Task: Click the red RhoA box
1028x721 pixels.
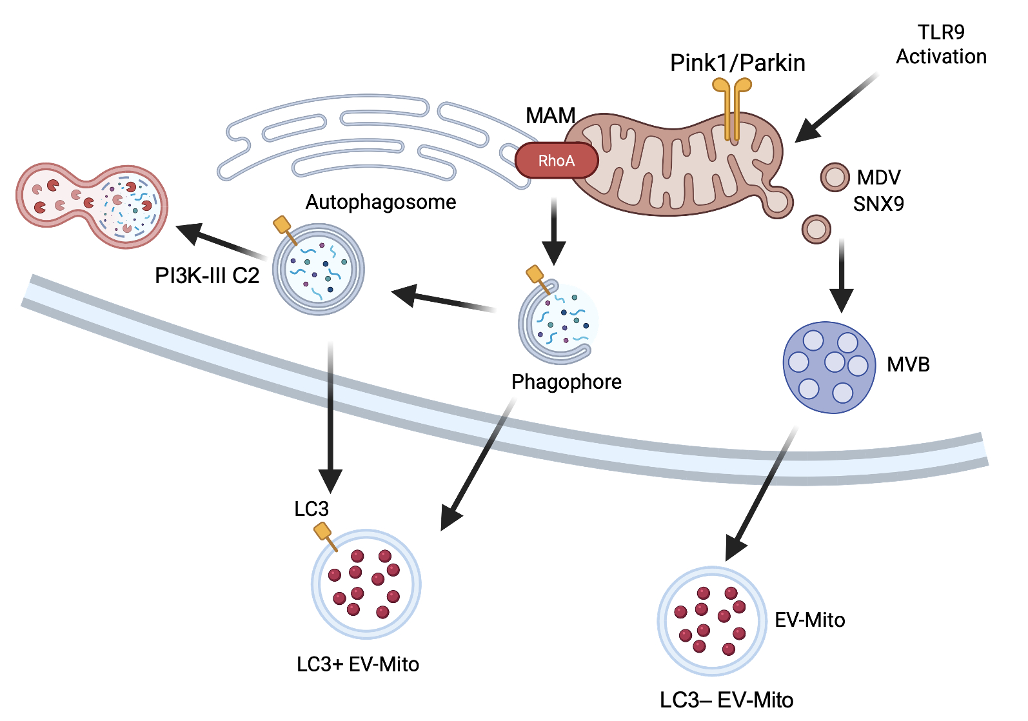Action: tap(556, 160)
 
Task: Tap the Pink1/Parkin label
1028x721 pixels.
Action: tap(738, 63)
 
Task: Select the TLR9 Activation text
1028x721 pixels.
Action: tap(942, 44)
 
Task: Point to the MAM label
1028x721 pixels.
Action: tap(550, 115)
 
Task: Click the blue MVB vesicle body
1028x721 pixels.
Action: tap(829, 367)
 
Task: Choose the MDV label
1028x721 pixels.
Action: tap(879, 177)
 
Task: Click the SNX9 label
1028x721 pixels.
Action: tap(878, 204)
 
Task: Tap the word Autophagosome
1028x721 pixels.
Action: tap(381, 202)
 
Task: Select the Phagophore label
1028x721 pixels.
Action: tap(566, 382)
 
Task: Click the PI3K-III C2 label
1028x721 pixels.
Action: tap(207, 275)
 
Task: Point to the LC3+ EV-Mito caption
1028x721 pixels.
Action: tap(358, 664)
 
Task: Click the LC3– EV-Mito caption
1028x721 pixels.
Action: tap(726, 700)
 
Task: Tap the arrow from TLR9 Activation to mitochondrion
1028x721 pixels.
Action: tap(836, 108)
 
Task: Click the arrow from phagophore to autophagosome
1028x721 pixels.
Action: tap(443, 299)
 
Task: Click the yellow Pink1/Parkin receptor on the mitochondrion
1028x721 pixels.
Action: tap(731, 108)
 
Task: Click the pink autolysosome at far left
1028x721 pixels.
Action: tap(92, 206)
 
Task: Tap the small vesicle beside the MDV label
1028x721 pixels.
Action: tap(835, 177)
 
